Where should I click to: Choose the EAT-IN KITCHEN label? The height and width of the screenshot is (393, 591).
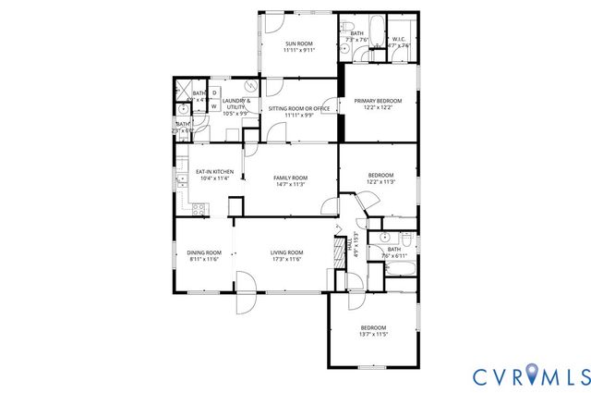(215, 172)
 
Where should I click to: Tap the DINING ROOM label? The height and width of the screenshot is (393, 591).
(204, 252)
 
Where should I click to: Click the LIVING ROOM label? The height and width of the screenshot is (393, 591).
(287, 252)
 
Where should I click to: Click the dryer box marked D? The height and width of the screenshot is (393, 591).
(214, 93)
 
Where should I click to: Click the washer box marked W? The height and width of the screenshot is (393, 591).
(214, 106)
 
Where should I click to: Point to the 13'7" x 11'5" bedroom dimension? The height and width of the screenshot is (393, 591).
(373, 336)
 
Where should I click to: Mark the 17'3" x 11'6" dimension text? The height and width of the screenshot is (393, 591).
(287, 259)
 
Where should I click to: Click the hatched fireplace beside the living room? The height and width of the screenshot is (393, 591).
(335, 252)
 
